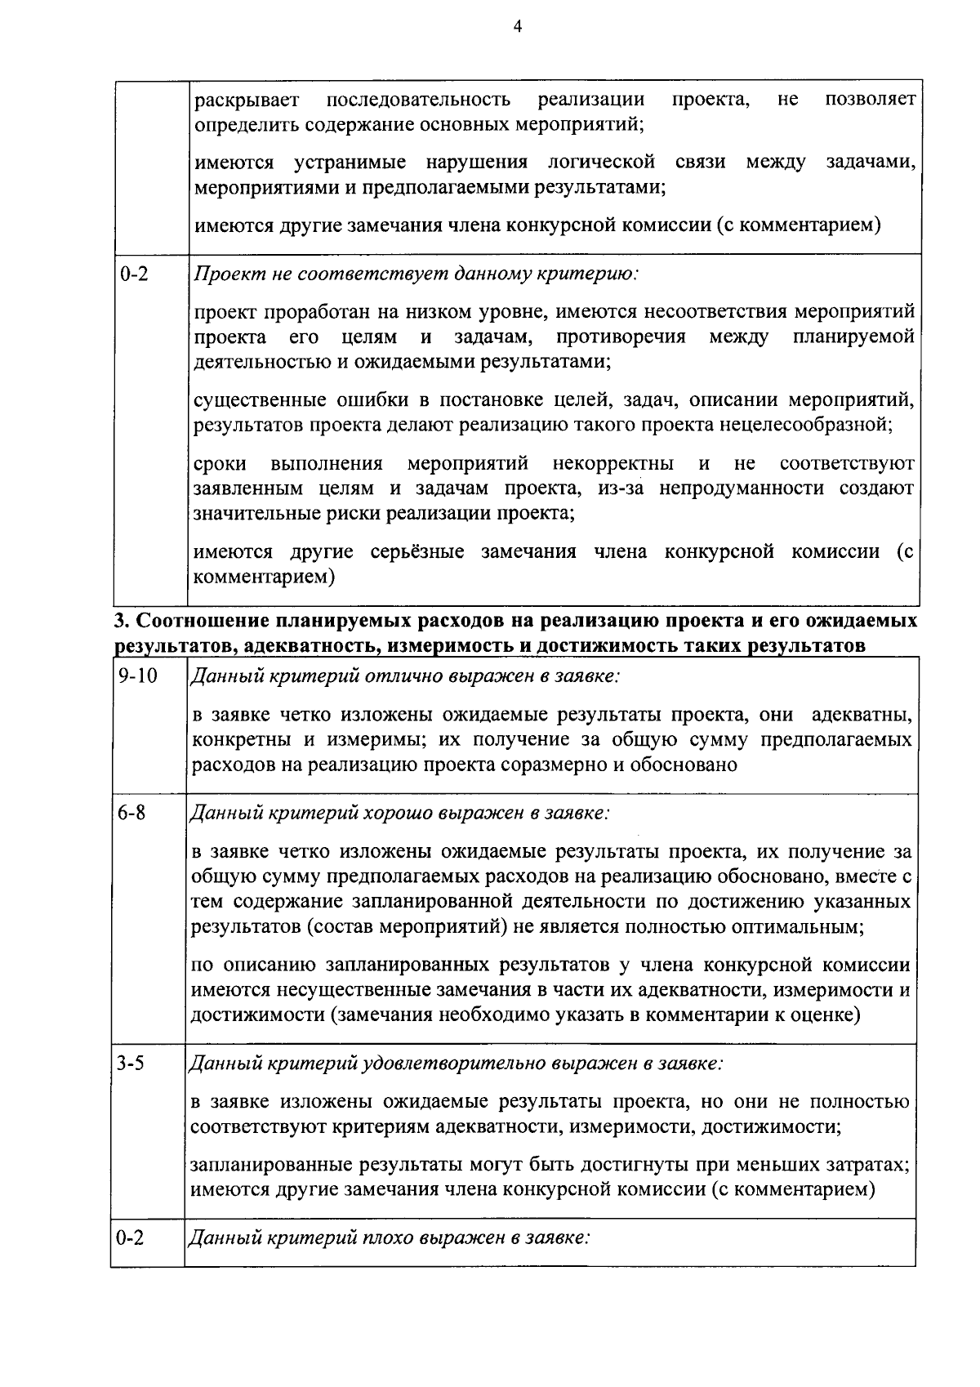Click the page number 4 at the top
coord(516,27)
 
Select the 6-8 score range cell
coord(131,814)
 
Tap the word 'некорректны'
coord(612,464)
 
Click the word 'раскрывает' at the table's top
coord(247,100)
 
